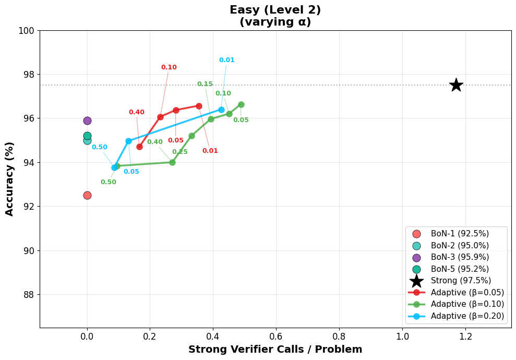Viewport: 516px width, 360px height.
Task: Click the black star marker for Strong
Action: pos(456,85)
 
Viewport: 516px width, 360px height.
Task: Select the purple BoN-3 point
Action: pos(87,121)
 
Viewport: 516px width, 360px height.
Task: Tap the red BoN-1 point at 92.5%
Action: pos(87,195)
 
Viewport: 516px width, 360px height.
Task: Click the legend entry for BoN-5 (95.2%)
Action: pos(460,269)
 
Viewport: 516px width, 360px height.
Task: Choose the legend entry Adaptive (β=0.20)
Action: pos(467,316)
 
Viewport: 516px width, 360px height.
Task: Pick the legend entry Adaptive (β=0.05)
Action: pos(467,292)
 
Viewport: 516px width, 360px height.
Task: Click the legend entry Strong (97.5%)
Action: pos(461,281)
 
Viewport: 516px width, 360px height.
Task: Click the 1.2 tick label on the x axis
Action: pos(465,337)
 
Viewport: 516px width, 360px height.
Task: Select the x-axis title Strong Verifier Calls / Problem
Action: pos(275,350)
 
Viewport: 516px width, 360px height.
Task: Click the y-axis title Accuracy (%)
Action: pos(10,178)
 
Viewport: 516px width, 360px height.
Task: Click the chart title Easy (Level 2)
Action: pos(275,10)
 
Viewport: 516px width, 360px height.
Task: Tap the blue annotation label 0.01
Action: pos(226,60)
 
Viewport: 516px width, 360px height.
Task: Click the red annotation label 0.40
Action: pos(136,112)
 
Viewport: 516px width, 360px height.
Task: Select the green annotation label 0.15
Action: pos(205,84)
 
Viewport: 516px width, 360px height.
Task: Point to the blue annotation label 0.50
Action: pos(99,147)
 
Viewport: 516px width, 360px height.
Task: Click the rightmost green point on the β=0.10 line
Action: pos(241,104)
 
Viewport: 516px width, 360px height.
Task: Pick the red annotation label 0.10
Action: pos(169,67)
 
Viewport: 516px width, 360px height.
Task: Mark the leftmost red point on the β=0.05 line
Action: pos(139,147)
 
